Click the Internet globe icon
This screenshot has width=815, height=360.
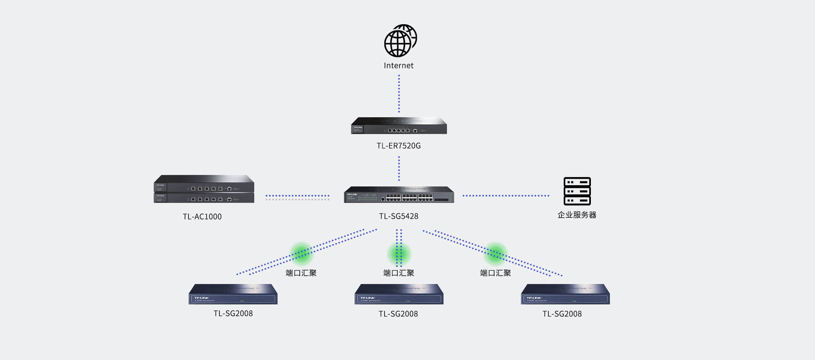click(400, 41)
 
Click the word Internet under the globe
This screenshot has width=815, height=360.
click(399, 65)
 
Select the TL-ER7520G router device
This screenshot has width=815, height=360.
click(399, 126)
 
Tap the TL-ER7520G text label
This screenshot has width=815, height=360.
click(399, 146)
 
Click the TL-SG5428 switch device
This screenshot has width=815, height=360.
click(399, 194)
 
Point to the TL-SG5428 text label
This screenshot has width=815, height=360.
click(399, 216)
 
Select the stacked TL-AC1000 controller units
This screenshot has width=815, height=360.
click(204, 189)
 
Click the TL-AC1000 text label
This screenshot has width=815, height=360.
click(202, 217)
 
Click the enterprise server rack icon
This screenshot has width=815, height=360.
click(577, 191)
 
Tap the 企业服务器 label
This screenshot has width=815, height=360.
click(577, 215)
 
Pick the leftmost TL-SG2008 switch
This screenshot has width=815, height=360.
click(233, 294)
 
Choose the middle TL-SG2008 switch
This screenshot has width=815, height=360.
click(399, 294)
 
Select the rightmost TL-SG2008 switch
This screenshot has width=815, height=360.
click(565, 294)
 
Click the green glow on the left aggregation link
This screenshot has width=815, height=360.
click(301, 254)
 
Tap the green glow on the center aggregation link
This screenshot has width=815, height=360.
click(399, 254)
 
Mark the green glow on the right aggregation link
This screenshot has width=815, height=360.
click(495, 254)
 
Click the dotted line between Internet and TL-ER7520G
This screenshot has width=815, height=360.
click(399, 94)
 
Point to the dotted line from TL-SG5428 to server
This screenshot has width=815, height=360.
click(506, 196)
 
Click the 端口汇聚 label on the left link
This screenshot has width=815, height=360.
click(301, 273)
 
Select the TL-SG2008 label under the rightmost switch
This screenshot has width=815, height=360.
click(562, 314)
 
